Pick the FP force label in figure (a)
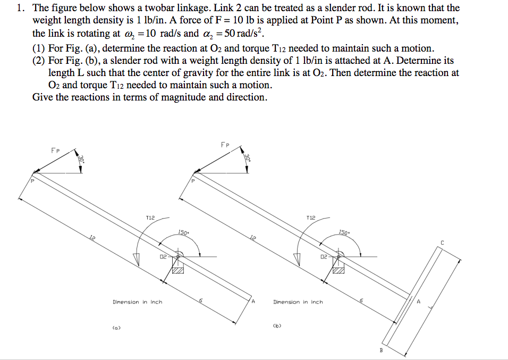click(55, 150)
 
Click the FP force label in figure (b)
click(225, 145)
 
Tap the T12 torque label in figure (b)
click(311, 217)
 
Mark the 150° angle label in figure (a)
click(184, 233)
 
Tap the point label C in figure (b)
click(442, 243)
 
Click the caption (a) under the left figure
click(116, 327)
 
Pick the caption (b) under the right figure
click(276, 324)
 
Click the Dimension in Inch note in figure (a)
click(137, 302)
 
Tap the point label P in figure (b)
click(193, 181)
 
